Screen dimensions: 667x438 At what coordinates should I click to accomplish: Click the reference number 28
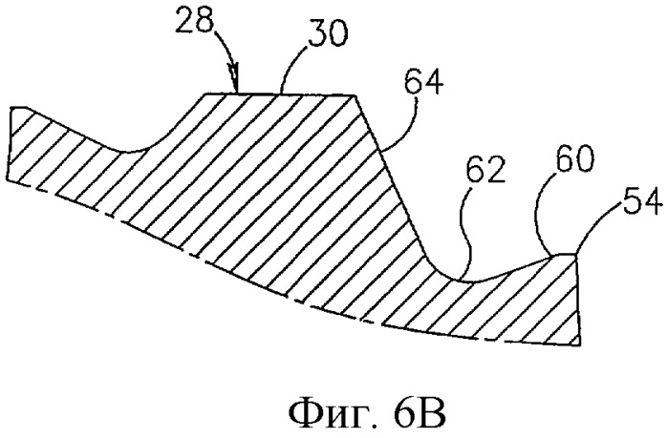tap(193, 22)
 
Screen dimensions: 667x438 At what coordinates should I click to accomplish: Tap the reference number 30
tap(328, 35)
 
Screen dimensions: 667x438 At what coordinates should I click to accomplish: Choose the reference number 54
tap(643, 204)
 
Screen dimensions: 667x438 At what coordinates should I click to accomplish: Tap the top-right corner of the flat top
tap(355, 95)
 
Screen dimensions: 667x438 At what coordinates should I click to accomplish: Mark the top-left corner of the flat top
tap(205, 94)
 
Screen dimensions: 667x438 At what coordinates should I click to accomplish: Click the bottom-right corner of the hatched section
tap(581, 345)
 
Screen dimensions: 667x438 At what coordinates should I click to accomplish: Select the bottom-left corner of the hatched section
tap(7, 179)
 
